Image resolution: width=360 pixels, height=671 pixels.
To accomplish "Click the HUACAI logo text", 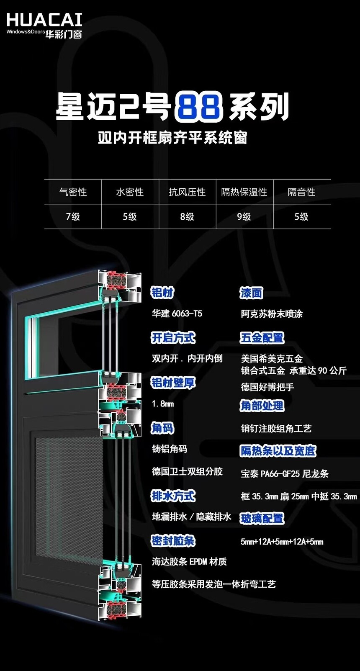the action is pos(44,20).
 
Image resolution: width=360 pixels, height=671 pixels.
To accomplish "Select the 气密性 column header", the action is pos(73,192).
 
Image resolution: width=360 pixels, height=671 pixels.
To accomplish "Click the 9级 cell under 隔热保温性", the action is pos(244,216).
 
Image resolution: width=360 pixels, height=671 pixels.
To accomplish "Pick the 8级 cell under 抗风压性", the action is pos(187,216).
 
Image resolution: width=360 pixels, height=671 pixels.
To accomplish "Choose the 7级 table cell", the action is pos(73,216).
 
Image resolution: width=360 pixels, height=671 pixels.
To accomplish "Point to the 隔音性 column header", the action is pos(301,192).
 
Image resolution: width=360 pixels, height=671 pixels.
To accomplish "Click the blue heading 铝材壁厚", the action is pos(173,383).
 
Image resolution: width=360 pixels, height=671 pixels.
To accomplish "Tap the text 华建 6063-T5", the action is pos(177,314).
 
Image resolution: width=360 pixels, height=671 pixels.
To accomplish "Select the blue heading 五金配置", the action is pos(262,338).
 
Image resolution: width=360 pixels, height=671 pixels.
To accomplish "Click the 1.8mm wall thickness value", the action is pos(163,404).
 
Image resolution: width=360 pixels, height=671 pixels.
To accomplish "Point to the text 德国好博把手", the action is pos(267,387).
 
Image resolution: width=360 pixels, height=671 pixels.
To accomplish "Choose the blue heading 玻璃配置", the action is pos(262,518).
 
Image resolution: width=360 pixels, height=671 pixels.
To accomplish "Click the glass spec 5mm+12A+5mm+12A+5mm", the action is pos(282,542).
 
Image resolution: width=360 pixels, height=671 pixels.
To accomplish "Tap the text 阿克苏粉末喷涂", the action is pos(272,314).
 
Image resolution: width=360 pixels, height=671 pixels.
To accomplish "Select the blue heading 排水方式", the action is pos(173,496).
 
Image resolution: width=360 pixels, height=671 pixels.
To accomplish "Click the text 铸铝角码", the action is pos(170,449).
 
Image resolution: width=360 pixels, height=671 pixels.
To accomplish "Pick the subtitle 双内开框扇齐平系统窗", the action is pos(172,139).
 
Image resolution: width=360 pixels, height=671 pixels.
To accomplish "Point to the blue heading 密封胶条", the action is pos(173,541).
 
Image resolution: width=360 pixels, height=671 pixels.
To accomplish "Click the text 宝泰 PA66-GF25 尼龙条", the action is pos(285,473).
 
